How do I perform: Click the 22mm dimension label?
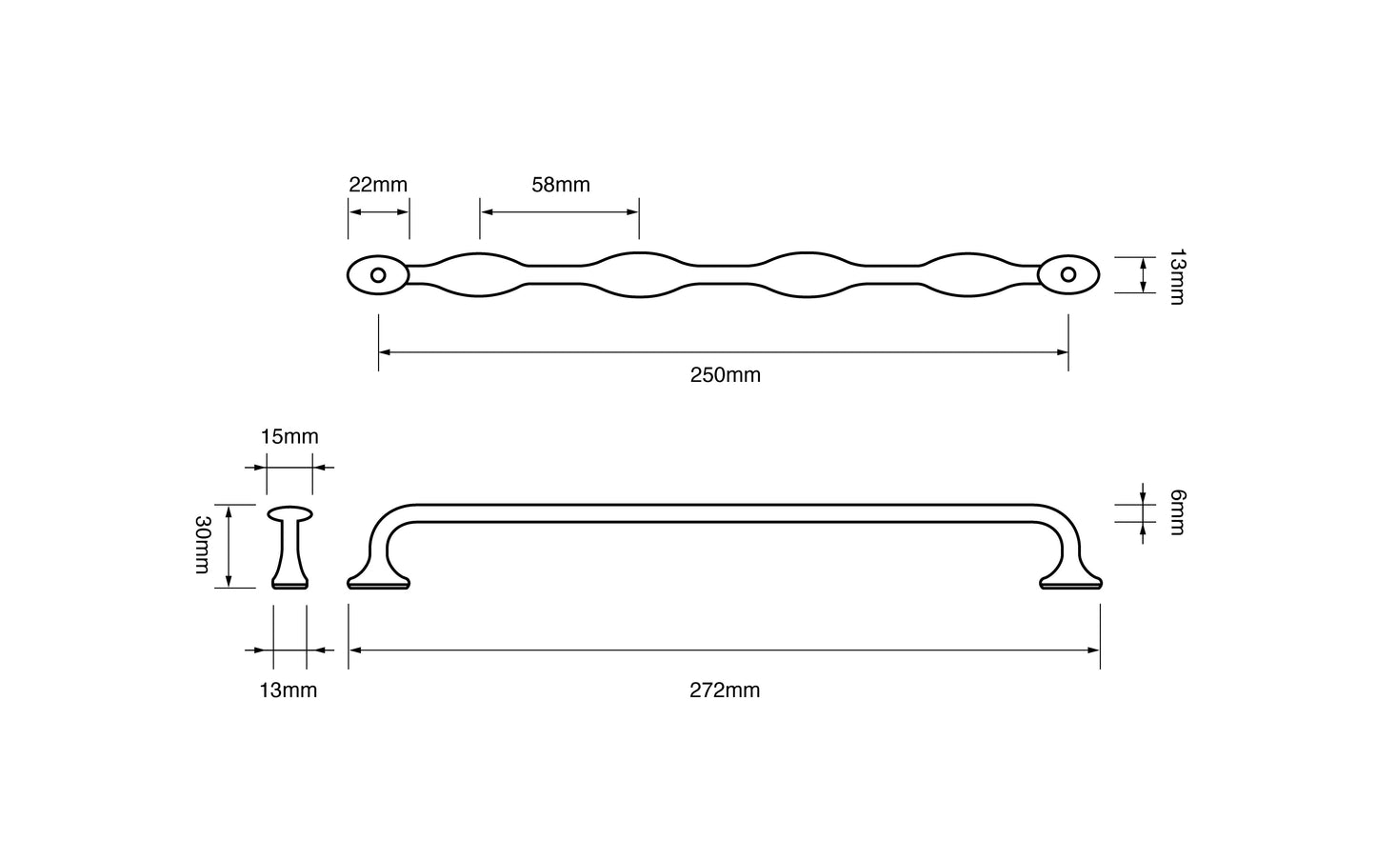tap(378, 185)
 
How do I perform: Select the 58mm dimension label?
tap(560, 185)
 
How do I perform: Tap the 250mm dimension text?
tap(725, 375)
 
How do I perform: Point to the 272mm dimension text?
tap(725, 690)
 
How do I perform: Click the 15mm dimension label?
tap(289, 437)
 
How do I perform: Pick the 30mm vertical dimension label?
tap(202, 545)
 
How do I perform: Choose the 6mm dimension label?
tap(1177, 512)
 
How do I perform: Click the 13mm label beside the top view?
tap(1177, 276)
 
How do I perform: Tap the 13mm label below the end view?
tap(289, 690)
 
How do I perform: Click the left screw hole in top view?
tap(378, 275)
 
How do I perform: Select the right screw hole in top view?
tap(1068, 275)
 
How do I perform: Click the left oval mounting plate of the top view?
tap(363, 275)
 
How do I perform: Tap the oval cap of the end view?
tap(290, 514)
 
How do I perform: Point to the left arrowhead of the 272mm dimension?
tap(354, 650)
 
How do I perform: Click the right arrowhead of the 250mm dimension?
tap(1063, 352)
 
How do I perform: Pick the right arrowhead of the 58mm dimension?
tap(633, 210)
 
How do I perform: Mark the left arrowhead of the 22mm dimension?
tap(353, 210)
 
